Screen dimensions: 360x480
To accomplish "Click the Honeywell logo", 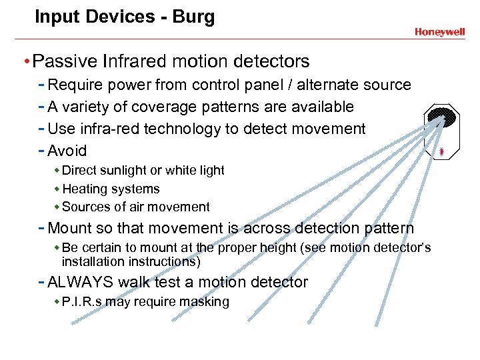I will coord(439,31).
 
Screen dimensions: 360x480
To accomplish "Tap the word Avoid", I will coord(67,151).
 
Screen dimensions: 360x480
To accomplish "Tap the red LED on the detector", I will coord(441,153).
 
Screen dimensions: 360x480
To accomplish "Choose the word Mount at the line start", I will coord(71,229).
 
